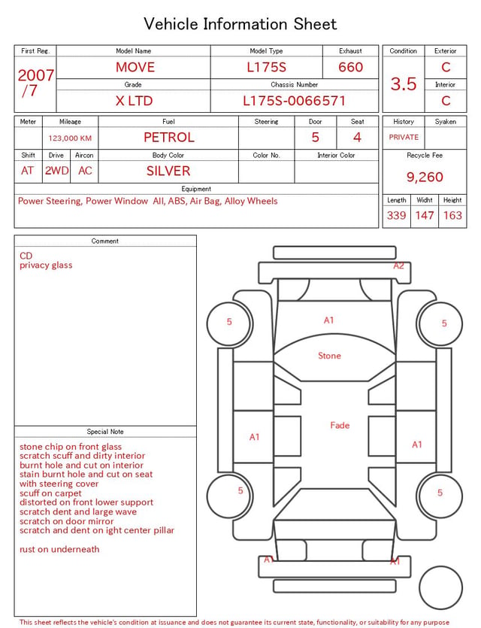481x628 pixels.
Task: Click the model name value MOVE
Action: pos(135,67)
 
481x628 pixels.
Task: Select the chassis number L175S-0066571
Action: pos(294,101)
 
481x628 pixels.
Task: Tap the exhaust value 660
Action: pos(350,67)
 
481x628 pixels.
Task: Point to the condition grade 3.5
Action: pos(404,84)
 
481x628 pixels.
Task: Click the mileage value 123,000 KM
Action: pos(70,138)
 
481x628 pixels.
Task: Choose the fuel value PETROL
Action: pos(169,138)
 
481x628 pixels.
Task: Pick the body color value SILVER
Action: pos(168,171)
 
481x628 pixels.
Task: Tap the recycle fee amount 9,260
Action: pos(425,177)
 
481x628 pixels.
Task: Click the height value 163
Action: pos(452,215)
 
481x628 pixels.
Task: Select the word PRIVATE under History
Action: pos(404,137)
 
